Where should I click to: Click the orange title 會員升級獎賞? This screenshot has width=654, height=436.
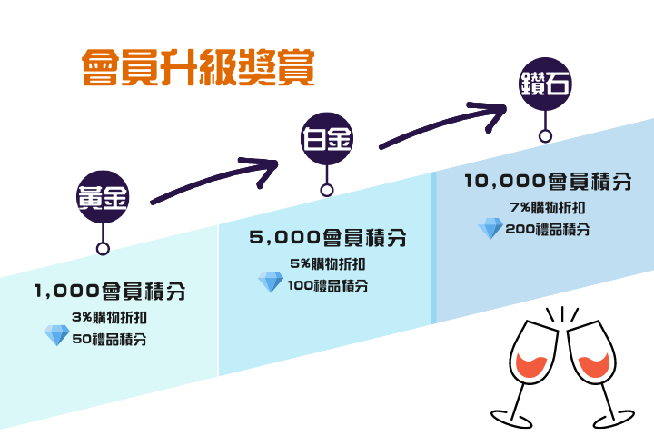tap(198, 67)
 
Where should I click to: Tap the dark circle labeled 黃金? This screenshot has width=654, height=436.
tap(103, 197)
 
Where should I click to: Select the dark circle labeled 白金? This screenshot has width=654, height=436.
tap(327, 138)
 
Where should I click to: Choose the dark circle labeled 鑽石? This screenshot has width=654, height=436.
tap(545, 84)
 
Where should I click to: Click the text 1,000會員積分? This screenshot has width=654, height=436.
tap(110, 292)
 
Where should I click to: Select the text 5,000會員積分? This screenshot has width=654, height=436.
tap(327, 238)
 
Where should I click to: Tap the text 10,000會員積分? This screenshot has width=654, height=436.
tap(548, 182)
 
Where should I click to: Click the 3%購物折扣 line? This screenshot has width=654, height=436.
tap(109, 318)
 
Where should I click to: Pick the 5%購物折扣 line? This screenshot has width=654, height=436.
tap(328, 263)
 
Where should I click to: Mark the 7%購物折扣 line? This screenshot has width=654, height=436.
tap(548, 207)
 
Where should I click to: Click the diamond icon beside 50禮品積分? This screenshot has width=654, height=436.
tap(56, 335)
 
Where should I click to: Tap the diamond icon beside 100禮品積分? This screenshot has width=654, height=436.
tap(271, 282)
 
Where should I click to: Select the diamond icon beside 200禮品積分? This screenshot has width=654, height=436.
tap(490, 228)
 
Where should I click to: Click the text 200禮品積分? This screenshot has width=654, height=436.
tap(548, 230)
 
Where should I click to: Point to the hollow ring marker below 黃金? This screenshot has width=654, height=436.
tap(103, 249)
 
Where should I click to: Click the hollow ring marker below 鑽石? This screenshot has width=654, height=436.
tap(545, 136)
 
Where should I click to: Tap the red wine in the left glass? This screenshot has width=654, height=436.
tap(531, 366)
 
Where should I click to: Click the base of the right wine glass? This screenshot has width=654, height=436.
tap(613, 419)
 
